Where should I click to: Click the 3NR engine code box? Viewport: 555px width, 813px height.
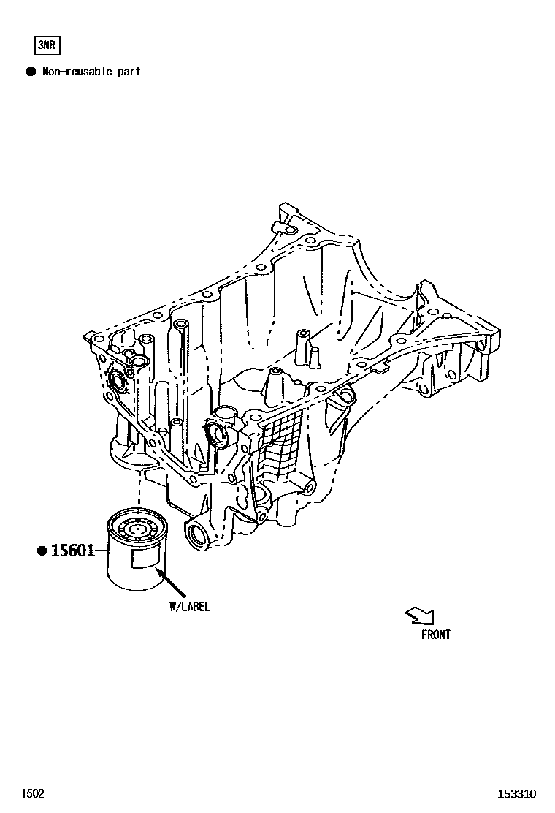[x=47, y=46]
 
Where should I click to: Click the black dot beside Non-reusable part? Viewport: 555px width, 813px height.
[x=31, y=72]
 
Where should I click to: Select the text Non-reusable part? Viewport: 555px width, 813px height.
[x=91, y=72]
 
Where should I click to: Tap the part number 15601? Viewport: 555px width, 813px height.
[x=73, y=551]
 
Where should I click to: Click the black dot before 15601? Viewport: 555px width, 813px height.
[x=42, y=551]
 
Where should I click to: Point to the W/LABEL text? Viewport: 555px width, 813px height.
[x=189, y=607]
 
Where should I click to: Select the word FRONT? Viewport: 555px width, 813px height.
[x=436, y=635]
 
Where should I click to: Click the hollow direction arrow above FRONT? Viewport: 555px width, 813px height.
[x=419, y=616]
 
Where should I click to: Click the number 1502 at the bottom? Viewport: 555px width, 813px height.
[x=32, y=793]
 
